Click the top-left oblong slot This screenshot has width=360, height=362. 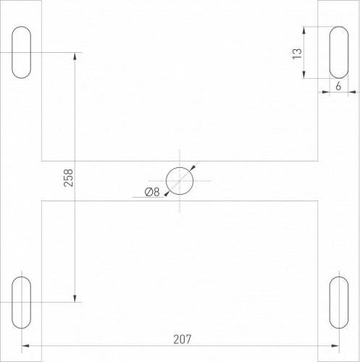[x=22, y=52]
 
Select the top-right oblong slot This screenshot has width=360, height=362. [x=338, y=52]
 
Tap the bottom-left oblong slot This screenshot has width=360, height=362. [x=22, y=301]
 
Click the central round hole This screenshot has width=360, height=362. [x=180, y=181]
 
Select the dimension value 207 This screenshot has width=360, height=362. [x=184, y=338]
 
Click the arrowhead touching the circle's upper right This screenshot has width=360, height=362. [x=192, y=168]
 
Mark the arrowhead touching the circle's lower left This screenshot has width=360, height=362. [x=167, y=193]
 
